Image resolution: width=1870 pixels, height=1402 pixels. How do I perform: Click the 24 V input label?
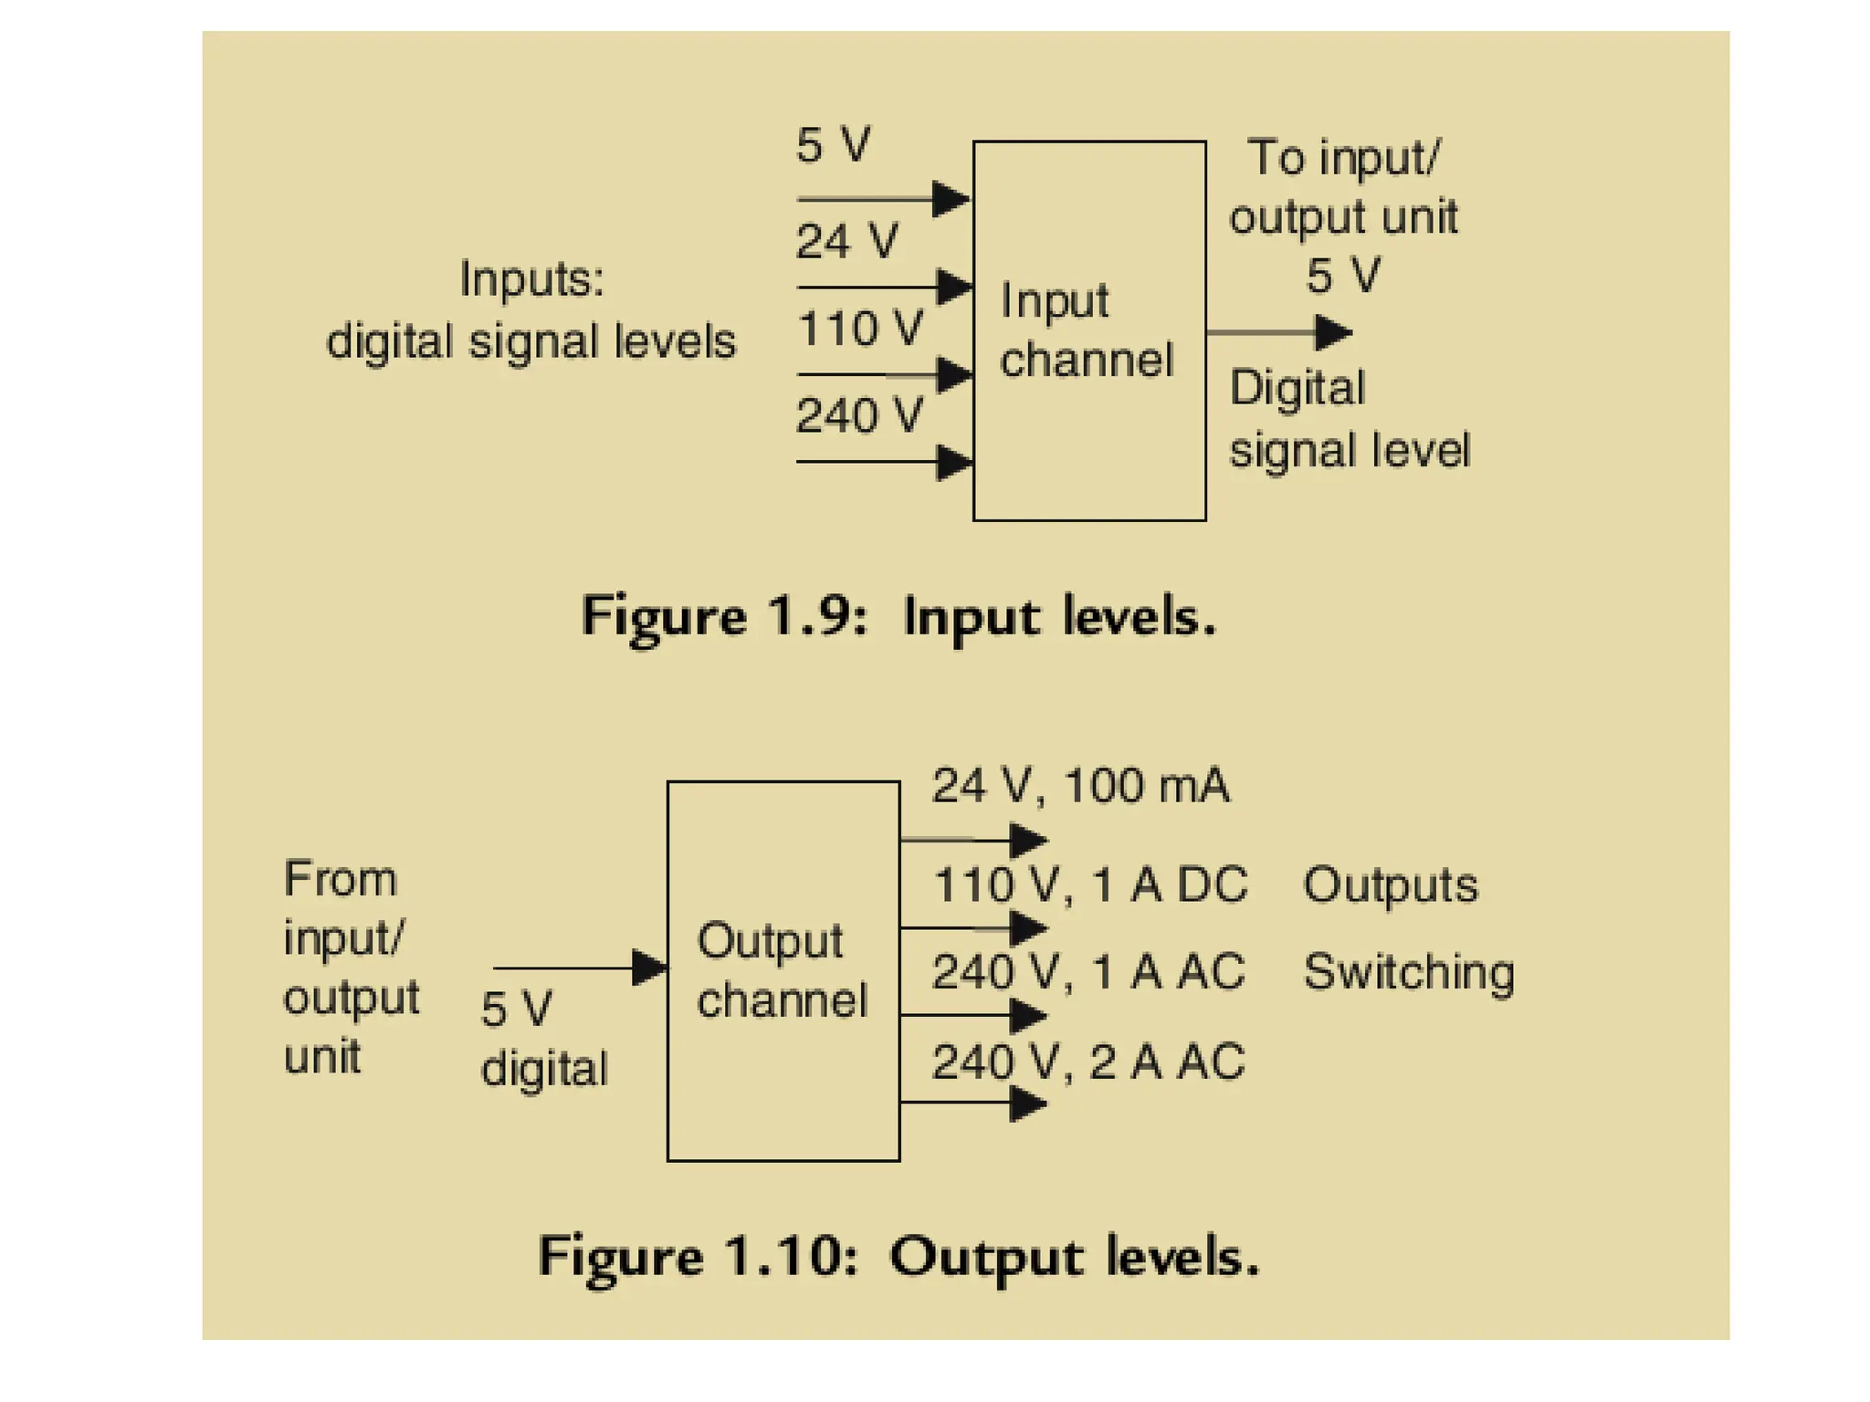pos(846,242)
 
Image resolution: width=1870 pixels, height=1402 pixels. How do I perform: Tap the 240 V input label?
pos(859,416)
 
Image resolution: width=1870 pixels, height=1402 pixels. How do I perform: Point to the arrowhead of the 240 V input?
pos(955,462)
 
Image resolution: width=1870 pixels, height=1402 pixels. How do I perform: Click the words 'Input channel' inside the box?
pos(1086,330)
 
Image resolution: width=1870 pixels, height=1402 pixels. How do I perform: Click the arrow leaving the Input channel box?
pos(1278,332)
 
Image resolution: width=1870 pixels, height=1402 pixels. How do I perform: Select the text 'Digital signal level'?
pos(1349,419)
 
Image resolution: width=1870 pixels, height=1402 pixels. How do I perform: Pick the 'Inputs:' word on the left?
pos(531,278)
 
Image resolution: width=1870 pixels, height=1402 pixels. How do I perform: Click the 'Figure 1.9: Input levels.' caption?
pos(899,617)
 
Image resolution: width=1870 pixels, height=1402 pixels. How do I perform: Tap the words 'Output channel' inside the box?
pos(782,970)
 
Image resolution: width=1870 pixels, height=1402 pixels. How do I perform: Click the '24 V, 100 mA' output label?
pos(1080,786)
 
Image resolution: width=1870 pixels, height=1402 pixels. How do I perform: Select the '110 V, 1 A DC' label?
pos(1090,884)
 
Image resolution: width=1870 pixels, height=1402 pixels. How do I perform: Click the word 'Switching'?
pos(1409,973)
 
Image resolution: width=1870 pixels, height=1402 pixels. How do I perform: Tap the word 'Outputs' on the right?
pos(1390,885)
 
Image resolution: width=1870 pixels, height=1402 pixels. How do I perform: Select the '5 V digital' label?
pos(543,1039)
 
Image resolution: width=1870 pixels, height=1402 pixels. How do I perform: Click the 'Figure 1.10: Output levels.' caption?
pos(899,1258)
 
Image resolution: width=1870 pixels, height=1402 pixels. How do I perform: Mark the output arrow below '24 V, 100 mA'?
pos(973,839)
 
